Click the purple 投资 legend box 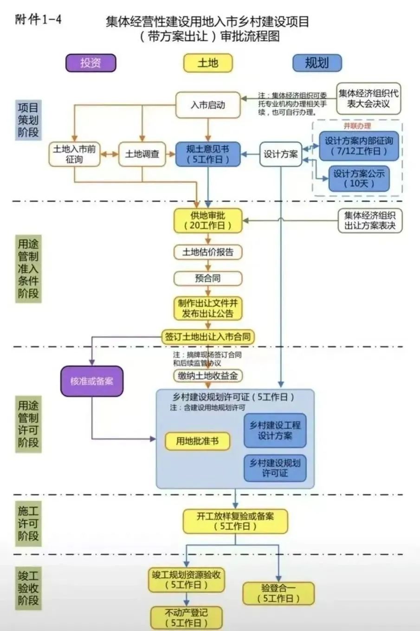pyautogui.click(x=90, y=63)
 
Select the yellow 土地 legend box pyautogui.click(x=207, y=63)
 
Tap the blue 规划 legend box pyautogui.click(x=317, y=63)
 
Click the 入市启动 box pyautogui.click(x=208, y=105)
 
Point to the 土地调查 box pyautogui.click(x=142, y=154)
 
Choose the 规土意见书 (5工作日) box pyautogui.click(x=208, y=154)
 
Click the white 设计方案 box pyautogui.click(x=281, y=154)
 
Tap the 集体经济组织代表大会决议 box pyautogui.click(x=368, y=98)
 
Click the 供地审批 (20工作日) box pyautogui.click(x=208, y=221)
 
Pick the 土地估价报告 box pyautogui.click(x=208, y=252)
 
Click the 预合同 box pyautogui.click(x=208, y=278)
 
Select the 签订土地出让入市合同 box pyautogui.click(x=208, y=337)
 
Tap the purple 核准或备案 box pyautogui.click(x=92, y=381)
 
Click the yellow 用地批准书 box pyautogui.click(x=197, y=441)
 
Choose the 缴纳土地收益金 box pyautogui.click(x=208, y=376)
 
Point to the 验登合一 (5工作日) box pyautogui.click(x=278, y=593)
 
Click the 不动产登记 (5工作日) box pyautogui.click(x=186, y=618)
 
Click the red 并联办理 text pyautogui.click(x=357, y=126)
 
